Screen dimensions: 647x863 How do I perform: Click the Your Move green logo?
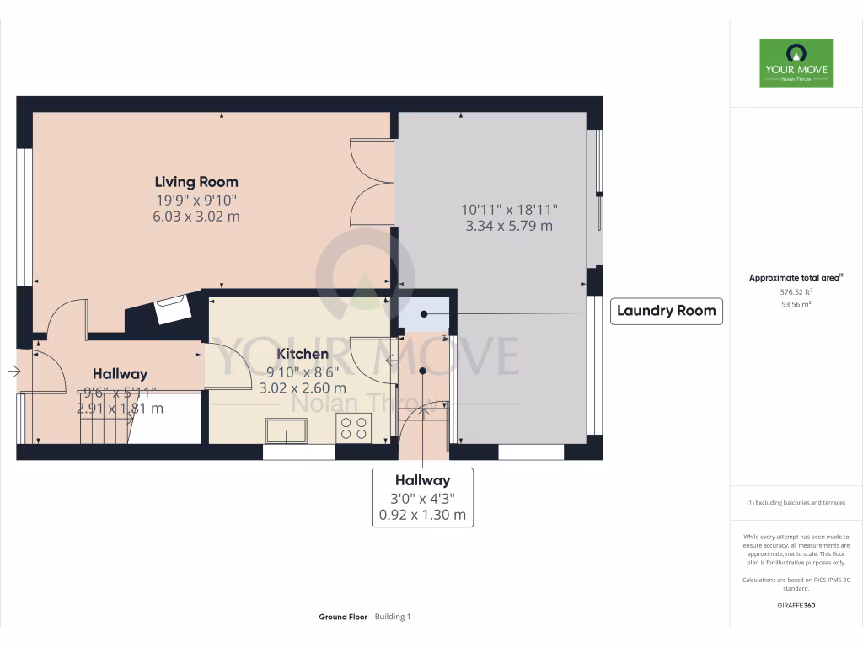tap(796, 62)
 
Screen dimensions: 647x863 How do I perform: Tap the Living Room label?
tap(196, 182)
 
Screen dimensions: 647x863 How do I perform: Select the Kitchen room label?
tap(303, 354)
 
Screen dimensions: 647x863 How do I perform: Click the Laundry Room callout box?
tap(666, 311)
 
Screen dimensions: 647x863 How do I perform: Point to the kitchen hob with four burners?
tap(353, 428)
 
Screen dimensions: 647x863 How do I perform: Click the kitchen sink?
tap(287, 430)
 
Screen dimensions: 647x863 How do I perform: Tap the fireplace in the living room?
tap(174, 309)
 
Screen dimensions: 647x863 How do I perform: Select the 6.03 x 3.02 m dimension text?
tap(196, 217)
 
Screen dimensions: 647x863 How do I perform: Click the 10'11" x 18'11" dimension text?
tap(509, 209)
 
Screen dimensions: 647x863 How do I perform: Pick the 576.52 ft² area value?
tap(796, 292)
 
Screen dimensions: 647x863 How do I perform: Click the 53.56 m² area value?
tap(796, 305)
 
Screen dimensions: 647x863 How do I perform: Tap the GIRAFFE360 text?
tap(796, 605)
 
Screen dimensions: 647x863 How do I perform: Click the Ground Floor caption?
tap(342, 617)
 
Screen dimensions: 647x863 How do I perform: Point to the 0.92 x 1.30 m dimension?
tap(423, 514)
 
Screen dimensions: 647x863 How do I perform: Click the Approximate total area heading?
tap(796, 277)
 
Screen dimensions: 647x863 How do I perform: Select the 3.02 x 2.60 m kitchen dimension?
tap(303, 388)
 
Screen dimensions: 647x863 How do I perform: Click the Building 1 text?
tap(392, 617)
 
